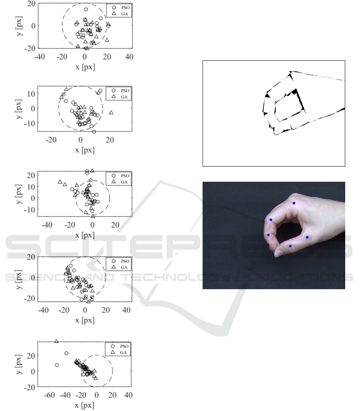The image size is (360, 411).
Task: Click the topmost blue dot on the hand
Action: click(x=294, y=203)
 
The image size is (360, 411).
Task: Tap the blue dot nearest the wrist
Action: click(x=307, y=237)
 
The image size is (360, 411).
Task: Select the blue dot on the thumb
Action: click(x=290, y=246)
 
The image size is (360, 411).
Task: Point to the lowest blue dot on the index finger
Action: click(x=268, y=235)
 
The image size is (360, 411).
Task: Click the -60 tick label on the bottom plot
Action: click(x=49, y=395)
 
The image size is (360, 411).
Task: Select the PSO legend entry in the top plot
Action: click(x=121, y=8)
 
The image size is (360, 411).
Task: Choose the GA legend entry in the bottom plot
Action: click(x=119, y=352)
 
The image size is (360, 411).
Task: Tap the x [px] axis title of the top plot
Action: click(x=85, y=67)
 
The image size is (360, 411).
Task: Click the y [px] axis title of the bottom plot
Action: click(x=19, y=364)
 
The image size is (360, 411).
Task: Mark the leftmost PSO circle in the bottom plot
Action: click(x=57, y=365)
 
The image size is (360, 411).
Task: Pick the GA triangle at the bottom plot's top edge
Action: click(x=56, y=341)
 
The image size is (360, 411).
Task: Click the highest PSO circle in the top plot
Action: click(x=86, y=10)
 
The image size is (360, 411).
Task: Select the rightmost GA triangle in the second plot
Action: click(x=111, y=113)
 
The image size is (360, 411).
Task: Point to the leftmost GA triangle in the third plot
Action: click(x=60, y=182)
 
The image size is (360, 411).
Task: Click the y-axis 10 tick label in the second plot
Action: click(x=31, y=94)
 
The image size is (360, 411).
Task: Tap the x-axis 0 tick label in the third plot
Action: click(x=92, y=225)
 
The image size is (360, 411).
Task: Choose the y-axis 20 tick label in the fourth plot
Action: click(x=31, y=257)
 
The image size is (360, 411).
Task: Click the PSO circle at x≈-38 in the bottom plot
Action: click(x=66, y=353)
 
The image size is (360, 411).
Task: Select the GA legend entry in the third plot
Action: click(x=120, y=182)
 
